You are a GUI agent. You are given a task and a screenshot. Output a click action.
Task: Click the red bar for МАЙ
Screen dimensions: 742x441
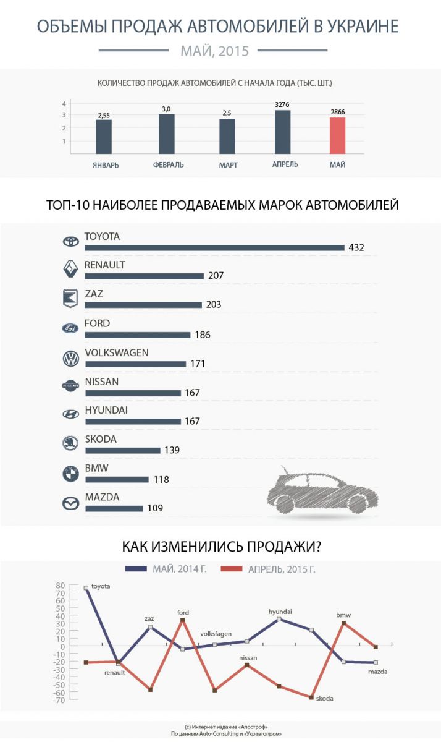[x=337, y=135]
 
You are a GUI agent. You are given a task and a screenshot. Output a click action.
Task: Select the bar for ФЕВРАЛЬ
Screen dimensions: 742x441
[x=167, y=134]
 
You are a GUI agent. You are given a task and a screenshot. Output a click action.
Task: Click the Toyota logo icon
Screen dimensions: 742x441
[x=71, y=242]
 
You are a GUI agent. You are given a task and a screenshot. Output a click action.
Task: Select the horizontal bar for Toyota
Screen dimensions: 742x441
[x=214, y=248]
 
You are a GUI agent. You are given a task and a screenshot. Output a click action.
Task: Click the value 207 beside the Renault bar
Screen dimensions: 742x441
[x=216, y=276]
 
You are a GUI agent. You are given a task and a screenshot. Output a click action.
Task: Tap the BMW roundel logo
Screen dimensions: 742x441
[x=71, y=474]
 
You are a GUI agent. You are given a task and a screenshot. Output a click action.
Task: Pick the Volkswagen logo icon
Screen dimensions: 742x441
[x=71, y=358]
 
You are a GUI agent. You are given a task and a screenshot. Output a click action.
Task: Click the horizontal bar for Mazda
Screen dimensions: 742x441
[x=114, y=509]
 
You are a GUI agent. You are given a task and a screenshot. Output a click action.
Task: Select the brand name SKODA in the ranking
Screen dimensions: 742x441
[x=100, y=440]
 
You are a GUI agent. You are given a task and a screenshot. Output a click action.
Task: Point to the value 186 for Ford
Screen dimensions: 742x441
[x=202, y=335]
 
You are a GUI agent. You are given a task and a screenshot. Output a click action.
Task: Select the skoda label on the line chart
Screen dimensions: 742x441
[x=324, y=699]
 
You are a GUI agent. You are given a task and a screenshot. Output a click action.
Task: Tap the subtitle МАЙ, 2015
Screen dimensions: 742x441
[x=214, y=51]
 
